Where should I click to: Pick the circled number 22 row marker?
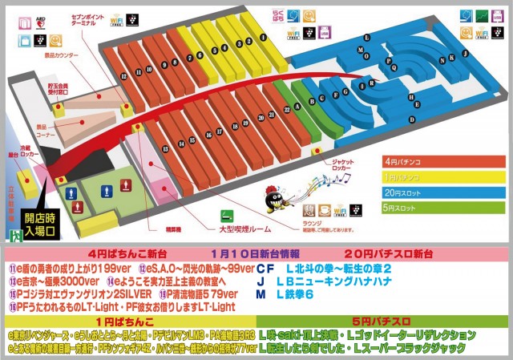(286, 110)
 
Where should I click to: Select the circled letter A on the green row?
(297, 105)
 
